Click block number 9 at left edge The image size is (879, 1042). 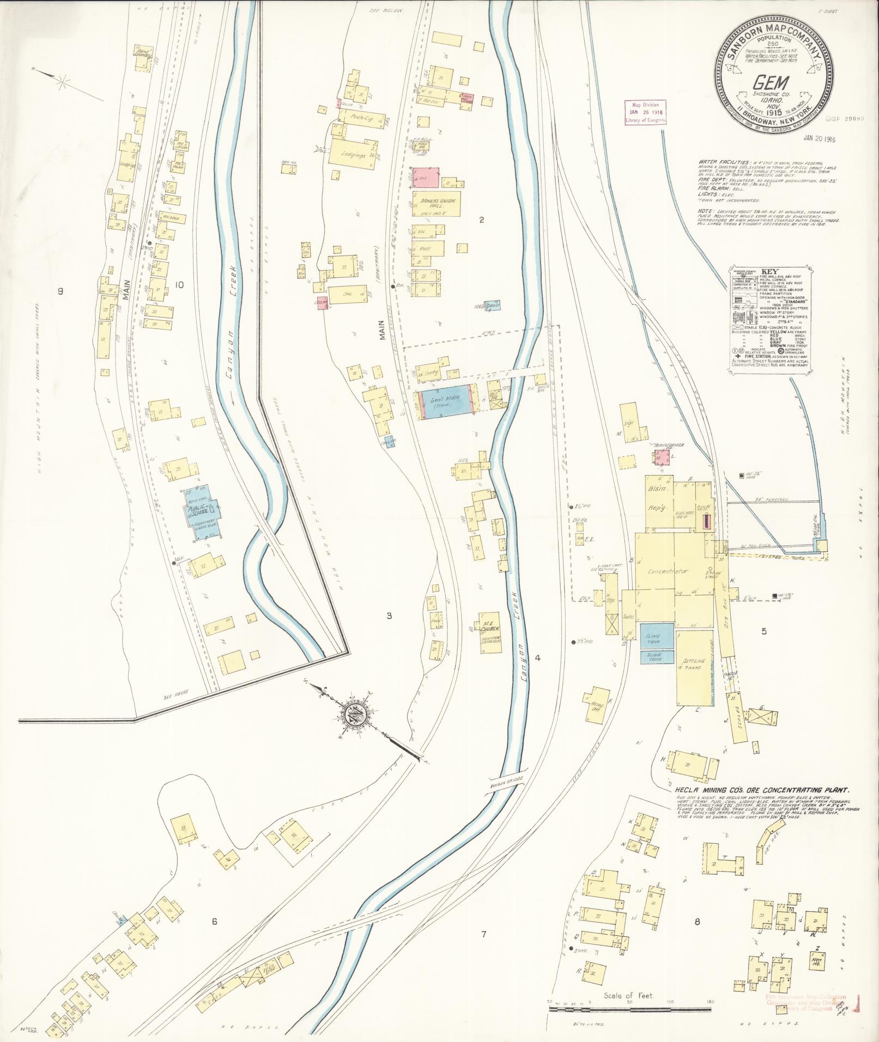coord(60,291)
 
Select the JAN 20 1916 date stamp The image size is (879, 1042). coord(819,139)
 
